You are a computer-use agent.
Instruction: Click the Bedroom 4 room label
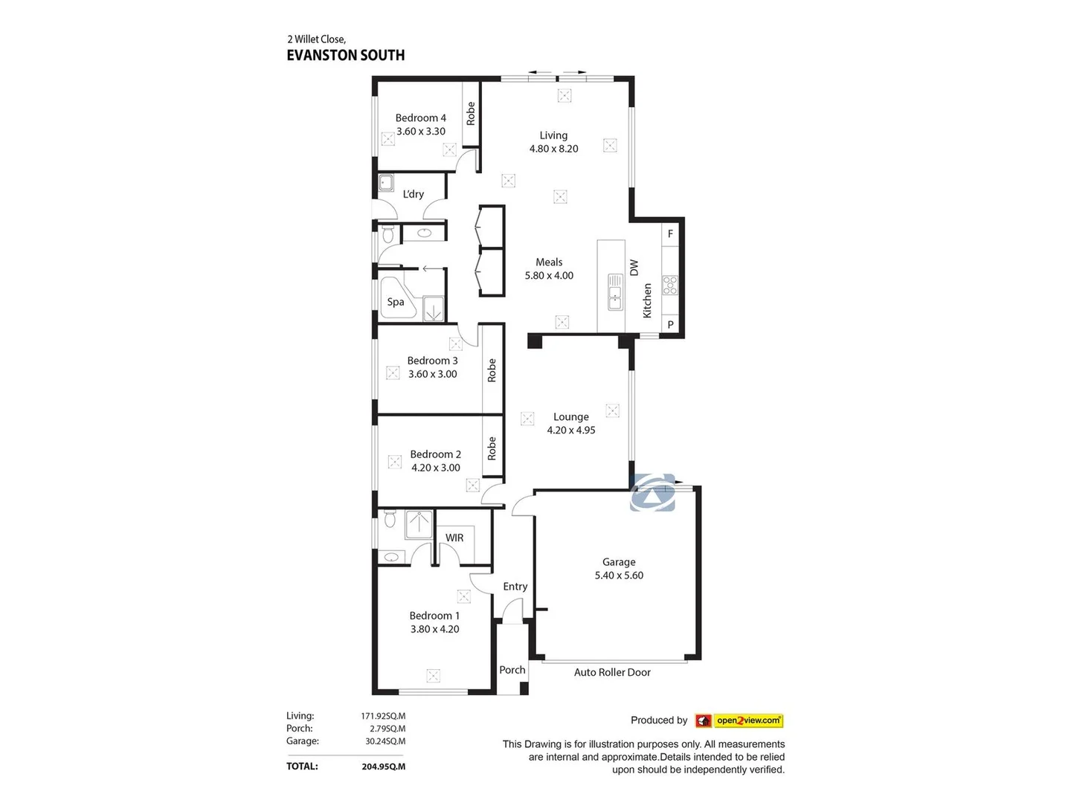pyautogui.click(x=420, y=118)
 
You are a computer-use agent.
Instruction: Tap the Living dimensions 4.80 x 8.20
pyautogui.click(x=553, y=149)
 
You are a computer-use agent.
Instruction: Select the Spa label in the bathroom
pyautogui.click(x=396, y=302)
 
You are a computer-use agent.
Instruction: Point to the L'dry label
pyautogui.click(x=413, y=194)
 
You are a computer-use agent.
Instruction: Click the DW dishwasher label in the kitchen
pyautogui.click(x=634, y=268)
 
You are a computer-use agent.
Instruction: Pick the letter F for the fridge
pyautogui.click(x=670, y=234)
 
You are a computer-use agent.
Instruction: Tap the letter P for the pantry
pyautogui.click(x=670, y=325)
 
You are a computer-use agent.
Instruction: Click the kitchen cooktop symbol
pyautogui.click(x=670, y=286)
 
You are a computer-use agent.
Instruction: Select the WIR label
pyautogui.click(x=454, y=538)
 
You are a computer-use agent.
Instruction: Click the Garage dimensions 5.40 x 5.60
pyautogui.click(x=619, y=575)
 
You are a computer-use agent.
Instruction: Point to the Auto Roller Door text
pyautogui.click(x=612, y=672)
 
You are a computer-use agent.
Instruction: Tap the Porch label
pyautogui.click(x=512, y=670)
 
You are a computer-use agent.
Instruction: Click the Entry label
pyautogui.click(x=515, y=587)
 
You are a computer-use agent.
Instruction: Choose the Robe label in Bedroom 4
pyautogui.click(x=471, y=114)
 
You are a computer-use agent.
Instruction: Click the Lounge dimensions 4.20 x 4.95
pyautogui.click(x=571, y=430)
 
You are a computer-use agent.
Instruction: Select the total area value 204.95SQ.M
pyautogui.click(x=383, y=767)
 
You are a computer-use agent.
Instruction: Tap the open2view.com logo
pyautogui.click(x=747, y=720)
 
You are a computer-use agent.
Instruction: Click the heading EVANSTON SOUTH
pyautogui.click(x=346, y=55)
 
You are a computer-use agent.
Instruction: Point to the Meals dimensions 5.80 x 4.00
pyautogui.click(x=549, y=276)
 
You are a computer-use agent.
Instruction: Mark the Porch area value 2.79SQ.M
pyautogui.click(x=387, y=729)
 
